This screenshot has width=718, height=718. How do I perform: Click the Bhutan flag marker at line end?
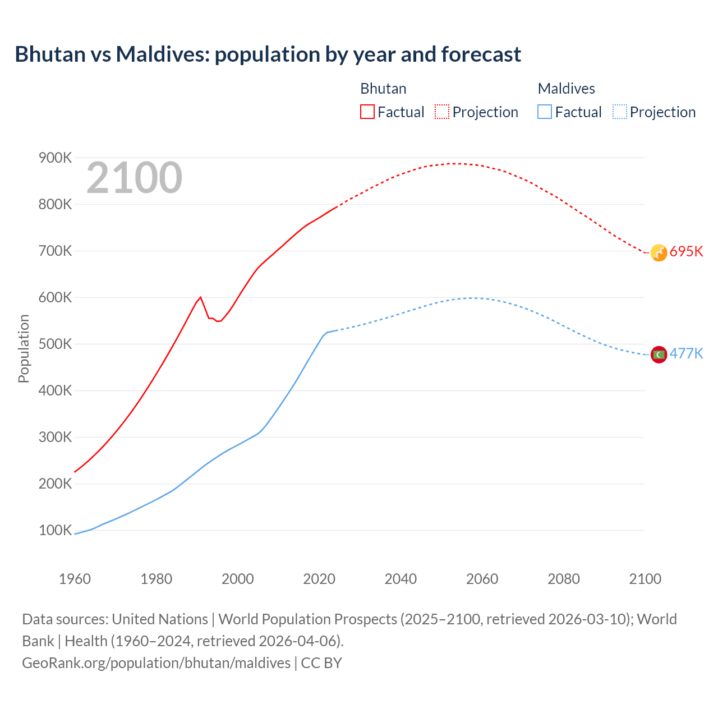[x=659, y=252]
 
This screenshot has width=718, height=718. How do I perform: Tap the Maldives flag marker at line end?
[x=659, y=355]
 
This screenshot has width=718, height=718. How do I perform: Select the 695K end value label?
[x=686, y=251]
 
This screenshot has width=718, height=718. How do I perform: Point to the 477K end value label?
[x=686, y=353]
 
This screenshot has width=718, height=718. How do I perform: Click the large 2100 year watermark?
[x=134, y=178]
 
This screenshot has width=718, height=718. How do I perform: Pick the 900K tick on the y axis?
[x=55, y=158]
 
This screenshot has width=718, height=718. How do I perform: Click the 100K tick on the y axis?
[x=55, y=531]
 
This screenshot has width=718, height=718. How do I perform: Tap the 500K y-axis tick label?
[x=55, y=344]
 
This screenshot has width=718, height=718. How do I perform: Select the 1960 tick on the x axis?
[x=75, y=579]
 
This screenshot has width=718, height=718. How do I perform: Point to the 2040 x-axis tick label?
[x=401, y=579]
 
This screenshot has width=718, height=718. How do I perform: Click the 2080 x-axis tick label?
[x=563, y=579]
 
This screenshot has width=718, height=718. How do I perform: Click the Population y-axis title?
[x=24, y=349]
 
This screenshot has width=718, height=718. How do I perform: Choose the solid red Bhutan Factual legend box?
[x=367, y=112]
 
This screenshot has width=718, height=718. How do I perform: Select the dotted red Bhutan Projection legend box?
[x=442, y=112]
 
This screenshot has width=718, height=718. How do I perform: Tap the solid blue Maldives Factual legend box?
[x=545, y=112]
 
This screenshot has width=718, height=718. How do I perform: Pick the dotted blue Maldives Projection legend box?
[x=619, y=112]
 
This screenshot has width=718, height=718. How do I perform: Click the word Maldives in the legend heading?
[x=566, y=89]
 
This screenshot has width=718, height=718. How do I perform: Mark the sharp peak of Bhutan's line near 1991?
[x=200, y=297]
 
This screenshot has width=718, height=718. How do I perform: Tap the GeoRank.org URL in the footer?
[x=156, y=663]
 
